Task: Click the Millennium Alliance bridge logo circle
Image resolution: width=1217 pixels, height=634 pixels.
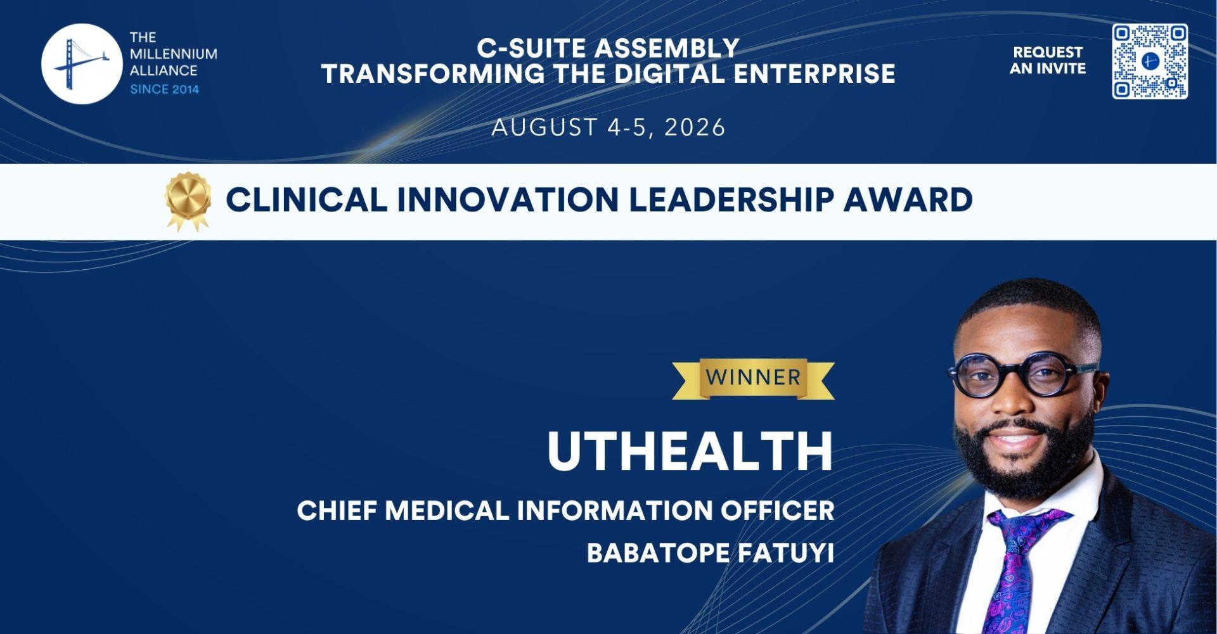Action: [x=81, y=64]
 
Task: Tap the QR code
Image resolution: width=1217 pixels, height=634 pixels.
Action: [x=1150, y=61]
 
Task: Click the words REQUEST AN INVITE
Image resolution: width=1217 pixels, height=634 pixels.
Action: [x=1048, y=60]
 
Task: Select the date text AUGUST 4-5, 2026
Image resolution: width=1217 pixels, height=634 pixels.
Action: [x=608, y=127]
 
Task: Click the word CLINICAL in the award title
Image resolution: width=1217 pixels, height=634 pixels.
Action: [x=306, y=200]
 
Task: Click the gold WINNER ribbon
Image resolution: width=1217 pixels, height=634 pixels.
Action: [x=754, y=379]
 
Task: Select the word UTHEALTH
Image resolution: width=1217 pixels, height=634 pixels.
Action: [x=690, y=452]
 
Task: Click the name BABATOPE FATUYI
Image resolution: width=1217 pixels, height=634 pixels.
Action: [x=710, y=553]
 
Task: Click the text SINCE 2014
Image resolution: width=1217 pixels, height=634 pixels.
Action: [x=165, y=89]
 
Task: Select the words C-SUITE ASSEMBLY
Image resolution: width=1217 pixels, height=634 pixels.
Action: [x=608, y=48]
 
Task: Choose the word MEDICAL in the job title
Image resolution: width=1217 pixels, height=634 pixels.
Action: [x=447, y=510]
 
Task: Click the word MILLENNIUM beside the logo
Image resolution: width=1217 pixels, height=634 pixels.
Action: [x=173, y=54]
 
